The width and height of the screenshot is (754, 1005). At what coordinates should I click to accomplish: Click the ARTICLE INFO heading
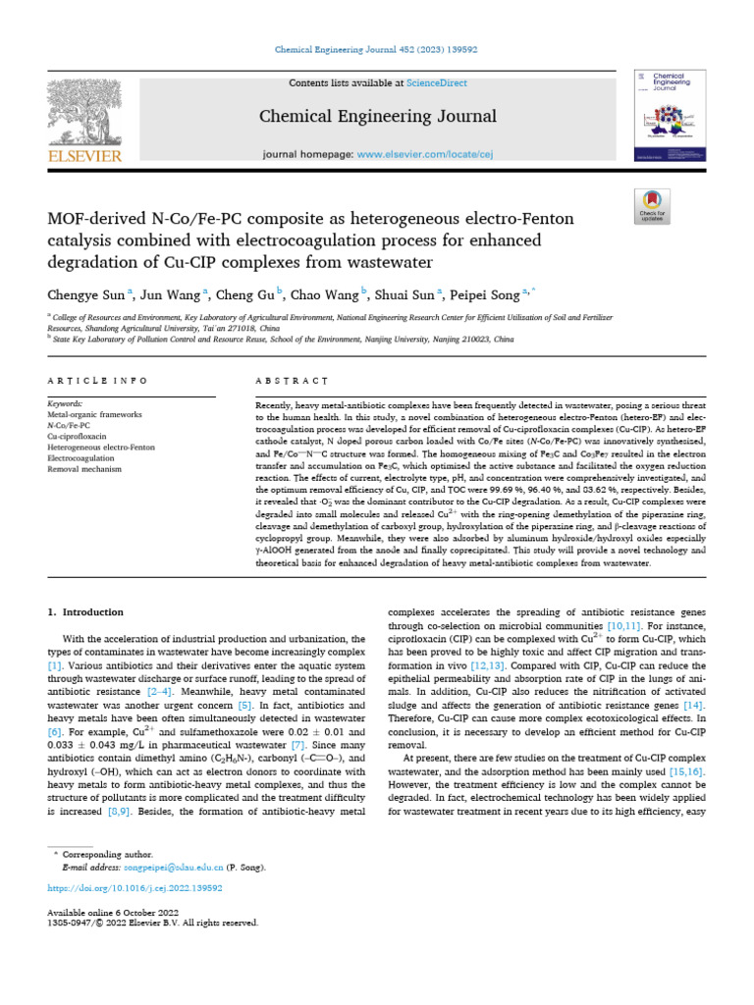(x=97, y=380)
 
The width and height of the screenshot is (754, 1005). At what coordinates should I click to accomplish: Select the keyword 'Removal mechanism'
(x=84, y=469)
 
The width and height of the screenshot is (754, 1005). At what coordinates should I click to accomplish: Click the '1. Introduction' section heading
(x=86, y=611)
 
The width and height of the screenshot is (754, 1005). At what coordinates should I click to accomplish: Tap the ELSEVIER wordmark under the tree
(x=83, y=155)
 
